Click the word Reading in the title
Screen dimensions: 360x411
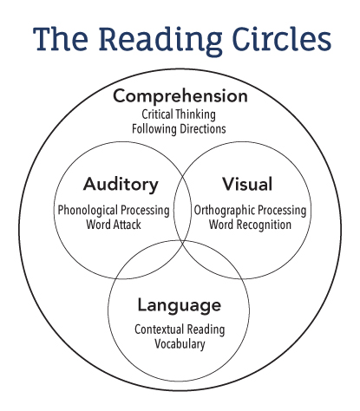160,40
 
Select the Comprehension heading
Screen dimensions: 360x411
180,96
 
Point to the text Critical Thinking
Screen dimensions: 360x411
179,114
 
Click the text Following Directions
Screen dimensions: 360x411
179,129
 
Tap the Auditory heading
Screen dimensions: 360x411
121,185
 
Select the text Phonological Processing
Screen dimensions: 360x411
114,211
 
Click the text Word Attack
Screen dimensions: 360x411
114,225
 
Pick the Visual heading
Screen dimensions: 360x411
247,184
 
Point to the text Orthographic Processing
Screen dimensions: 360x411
250,211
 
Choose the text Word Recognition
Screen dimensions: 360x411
250,225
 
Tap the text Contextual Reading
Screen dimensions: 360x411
180,329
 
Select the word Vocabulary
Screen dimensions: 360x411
180,344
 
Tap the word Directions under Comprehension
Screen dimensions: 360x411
203,129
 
